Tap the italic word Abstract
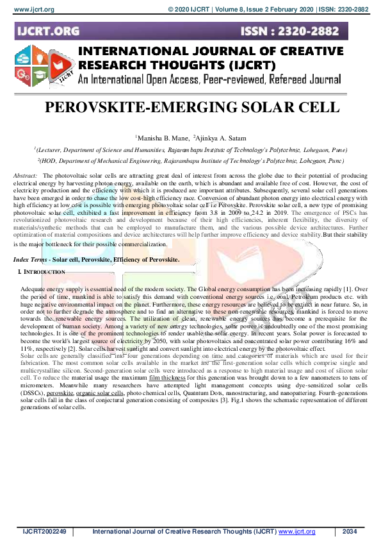25,175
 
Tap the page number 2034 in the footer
350,532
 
